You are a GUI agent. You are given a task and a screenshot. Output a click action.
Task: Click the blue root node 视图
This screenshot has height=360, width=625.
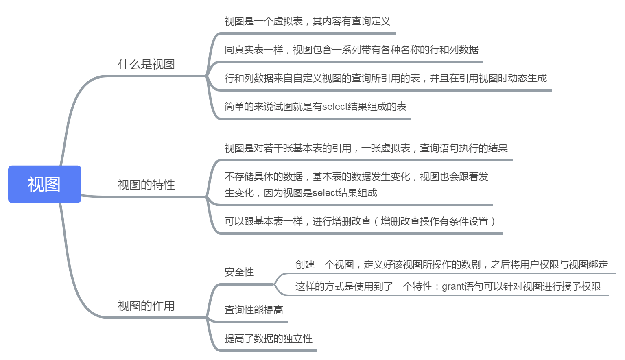point(44,184)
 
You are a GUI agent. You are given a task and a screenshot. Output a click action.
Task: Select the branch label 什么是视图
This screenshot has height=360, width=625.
point(146,64)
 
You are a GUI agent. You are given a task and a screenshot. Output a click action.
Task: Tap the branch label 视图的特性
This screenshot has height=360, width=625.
point(146,185)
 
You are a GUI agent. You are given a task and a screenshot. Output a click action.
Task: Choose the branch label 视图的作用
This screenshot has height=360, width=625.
point(146,306)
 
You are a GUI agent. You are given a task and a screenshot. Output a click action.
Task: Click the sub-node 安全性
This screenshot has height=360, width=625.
point(239,272)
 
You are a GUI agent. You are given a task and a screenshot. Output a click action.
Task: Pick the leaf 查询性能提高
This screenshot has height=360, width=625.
point(254,310)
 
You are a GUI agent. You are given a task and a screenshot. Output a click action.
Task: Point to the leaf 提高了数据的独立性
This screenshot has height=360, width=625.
point(269,338)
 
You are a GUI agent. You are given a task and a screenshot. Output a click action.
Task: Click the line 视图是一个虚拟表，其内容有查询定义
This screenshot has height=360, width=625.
point(307,21)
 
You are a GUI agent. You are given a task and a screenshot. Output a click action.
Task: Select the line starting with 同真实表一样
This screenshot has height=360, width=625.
point(351,50)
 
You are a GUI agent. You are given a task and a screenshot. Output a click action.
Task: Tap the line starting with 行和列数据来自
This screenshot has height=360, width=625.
point(385,78)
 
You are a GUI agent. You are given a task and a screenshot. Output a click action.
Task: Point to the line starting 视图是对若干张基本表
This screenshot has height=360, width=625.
point(366,148)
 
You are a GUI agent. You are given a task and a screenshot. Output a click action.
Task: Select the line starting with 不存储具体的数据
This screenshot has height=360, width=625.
point(356,177)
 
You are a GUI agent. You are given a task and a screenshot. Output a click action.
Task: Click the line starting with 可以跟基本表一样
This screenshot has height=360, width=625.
point(360,221)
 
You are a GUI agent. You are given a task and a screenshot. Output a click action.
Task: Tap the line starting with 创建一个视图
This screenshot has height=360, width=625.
point(451,265)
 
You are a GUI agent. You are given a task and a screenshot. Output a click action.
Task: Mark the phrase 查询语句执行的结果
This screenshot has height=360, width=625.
point(463,148)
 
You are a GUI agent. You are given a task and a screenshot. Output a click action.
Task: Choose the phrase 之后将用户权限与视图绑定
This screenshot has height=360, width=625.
point(549,265)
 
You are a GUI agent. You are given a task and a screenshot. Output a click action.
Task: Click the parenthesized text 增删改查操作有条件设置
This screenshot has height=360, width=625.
point(434,221)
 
